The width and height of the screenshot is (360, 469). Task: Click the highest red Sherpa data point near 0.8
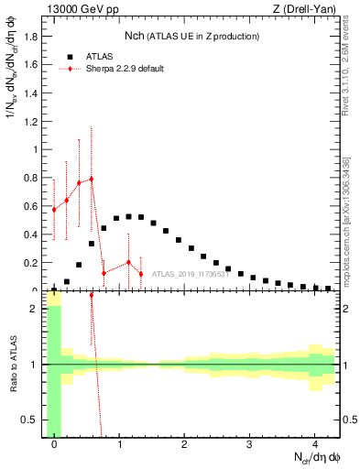(x=92, y=179)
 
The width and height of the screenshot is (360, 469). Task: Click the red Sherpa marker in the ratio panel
(x=92, y=296)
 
